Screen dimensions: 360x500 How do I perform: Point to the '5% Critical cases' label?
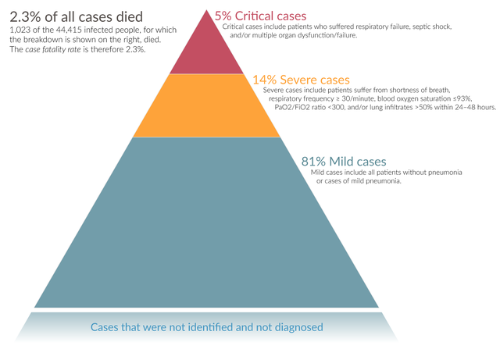click(261, 15)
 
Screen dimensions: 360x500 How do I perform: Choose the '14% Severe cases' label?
click(301, 79)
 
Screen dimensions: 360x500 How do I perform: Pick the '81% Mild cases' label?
click(344, 161)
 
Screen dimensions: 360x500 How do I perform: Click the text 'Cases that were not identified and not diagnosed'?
click(206, 327)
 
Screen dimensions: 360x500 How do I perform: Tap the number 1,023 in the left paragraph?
click(23, 29)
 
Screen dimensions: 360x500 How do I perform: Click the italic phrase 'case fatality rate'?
click(57, 49)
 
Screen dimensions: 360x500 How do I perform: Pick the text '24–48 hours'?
click(470, 108)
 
